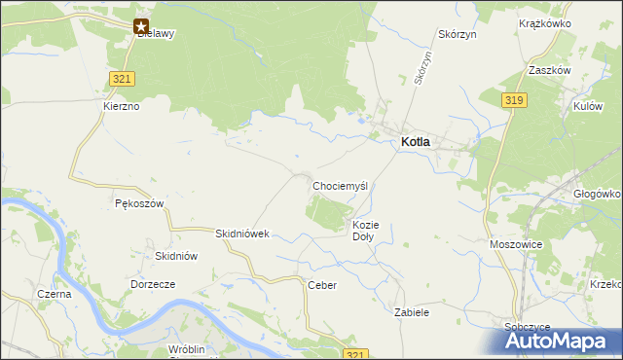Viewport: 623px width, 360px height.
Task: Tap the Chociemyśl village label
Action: pos(339,185)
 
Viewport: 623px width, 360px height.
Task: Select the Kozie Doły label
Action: pos(364,231)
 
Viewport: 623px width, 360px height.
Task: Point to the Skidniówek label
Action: pos(241,234)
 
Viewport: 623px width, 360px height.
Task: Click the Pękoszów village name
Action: pos(138,204)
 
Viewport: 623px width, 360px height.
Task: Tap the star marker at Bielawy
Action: pos(142,27)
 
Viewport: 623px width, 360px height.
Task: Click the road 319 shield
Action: pos(515,99)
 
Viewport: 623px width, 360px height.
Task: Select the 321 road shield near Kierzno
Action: pos(122,79)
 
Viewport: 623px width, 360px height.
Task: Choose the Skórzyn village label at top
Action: pos(457,33)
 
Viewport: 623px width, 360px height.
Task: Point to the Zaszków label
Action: pos(574,70)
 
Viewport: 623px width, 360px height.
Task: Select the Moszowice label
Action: pos(516,244)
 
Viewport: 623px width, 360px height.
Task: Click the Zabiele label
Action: pos(412,313)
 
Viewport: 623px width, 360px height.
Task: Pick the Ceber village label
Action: pos(321,285)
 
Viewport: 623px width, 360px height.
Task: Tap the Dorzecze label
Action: pos(152,284)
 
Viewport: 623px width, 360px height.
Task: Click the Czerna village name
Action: pos(54,294)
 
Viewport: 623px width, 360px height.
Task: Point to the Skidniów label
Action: pos(177,256)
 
